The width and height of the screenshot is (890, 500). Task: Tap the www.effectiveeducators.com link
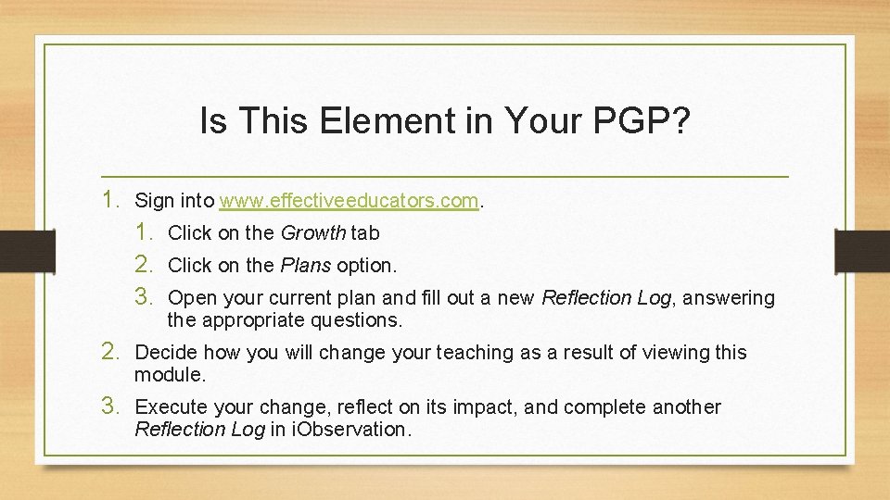click(x=349, y=200)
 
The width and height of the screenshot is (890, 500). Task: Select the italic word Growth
click(x=312, y=233)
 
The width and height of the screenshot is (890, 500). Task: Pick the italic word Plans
click(x=305, y=266)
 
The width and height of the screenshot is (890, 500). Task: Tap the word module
click(x=170, y=375)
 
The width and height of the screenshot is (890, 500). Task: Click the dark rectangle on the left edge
click(x=17, y=250)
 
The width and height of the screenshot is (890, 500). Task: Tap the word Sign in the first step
click(x=153, y=200)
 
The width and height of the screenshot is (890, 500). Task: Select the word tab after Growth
click(x=365, y=233)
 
